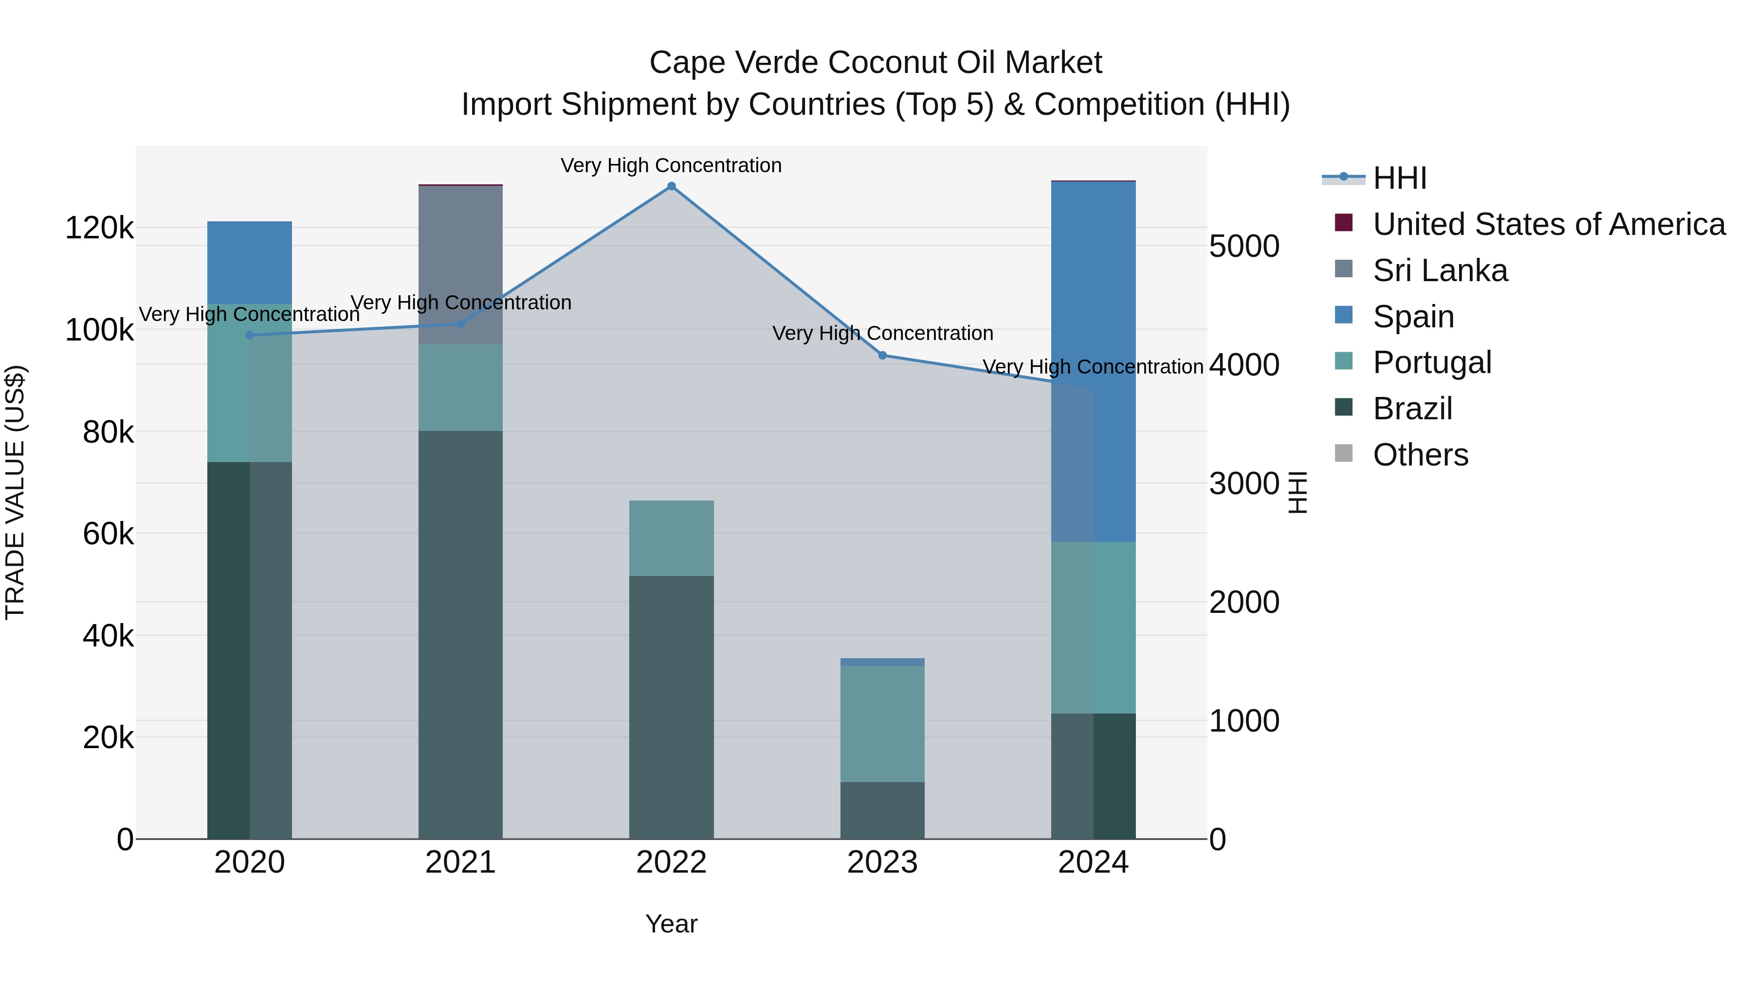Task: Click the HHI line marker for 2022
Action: (x=671, y=186)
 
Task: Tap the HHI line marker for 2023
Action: (x=882, y=355)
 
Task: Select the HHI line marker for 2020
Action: (x=250, y=335)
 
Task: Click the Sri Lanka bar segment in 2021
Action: (x=460, y=265)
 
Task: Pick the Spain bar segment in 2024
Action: (x=1094, y=360)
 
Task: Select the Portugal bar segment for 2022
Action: (x=671, y=538)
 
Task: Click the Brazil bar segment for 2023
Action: (x=882, y=810)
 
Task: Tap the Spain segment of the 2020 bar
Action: (x=250, y=262)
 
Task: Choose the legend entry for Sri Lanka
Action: (x=1440, y=270)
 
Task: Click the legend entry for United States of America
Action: (x=1549, y=224)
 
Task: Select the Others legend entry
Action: (x=1420, y=455)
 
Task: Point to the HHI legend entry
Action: (x=1399, y=178)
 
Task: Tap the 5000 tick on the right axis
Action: (x=1244, y=246)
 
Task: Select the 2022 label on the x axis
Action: (x=671, y=862)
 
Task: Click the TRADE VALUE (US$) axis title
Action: (x=15, y=492)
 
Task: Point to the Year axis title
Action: (x=671, y=924)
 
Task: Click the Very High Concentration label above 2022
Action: (x=671, y=165)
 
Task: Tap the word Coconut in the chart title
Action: (x=887, y=63)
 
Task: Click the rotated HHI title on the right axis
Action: (x=1297, y=492)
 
